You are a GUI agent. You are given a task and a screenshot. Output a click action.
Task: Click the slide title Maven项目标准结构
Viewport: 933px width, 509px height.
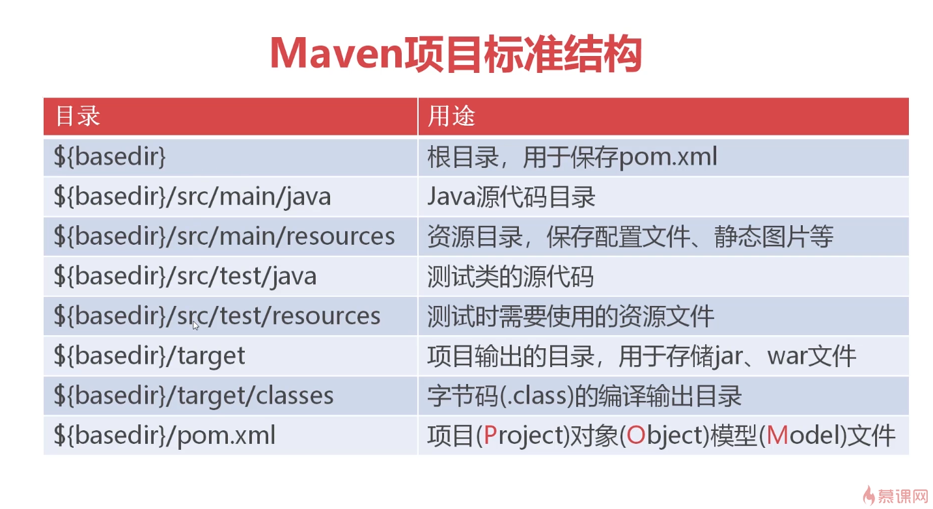(456, 54)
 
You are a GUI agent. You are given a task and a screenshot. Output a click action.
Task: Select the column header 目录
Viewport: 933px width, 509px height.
(77, 116)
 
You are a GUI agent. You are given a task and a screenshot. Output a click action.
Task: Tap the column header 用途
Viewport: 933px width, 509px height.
(451, 116)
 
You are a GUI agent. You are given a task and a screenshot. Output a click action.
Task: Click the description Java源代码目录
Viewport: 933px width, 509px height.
(512, 197)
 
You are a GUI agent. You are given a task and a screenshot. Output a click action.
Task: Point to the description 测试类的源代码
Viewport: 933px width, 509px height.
(510, 276)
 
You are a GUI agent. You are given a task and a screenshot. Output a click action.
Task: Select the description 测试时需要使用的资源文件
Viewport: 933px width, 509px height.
(570, 316)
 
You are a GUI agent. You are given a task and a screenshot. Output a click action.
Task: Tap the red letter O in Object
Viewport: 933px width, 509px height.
(635, 435)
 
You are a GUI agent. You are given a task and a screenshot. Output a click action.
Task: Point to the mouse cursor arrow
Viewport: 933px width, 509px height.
(196, 325)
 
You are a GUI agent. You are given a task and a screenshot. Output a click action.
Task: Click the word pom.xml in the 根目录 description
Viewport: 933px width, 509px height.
(668, 157)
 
